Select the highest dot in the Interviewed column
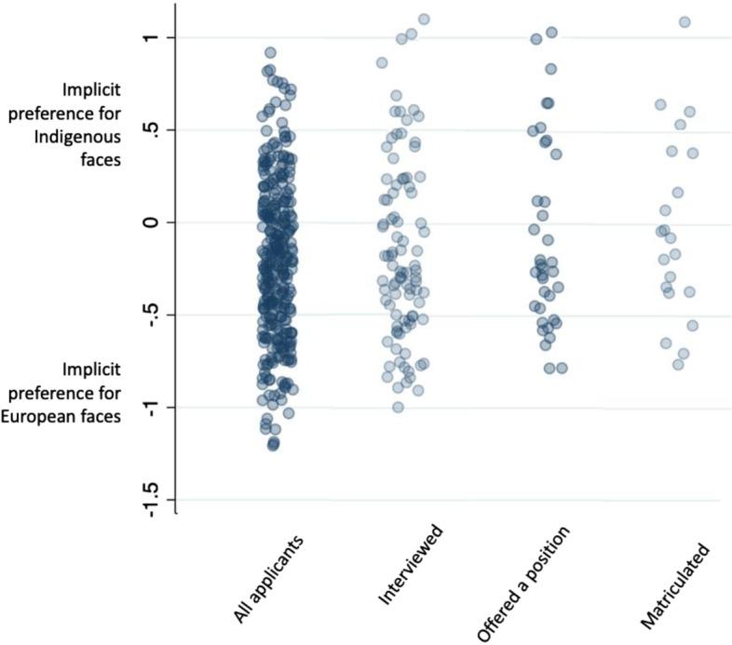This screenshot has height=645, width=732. click(x=424, y=19)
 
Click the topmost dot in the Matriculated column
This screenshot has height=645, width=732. click(x=685, y=21)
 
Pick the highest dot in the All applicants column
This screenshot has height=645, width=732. click(x=270, y=53)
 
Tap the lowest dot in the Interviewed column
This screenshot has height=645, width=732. click(x=398, y=407)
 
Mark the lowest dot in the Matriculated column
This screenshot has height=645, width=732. click(x=678, y=364)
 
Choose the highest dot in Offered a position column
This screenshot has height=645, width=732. click(x=551, y=33)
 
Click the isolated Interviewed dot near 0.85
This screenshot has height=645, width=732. click(x=382, y=62)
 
